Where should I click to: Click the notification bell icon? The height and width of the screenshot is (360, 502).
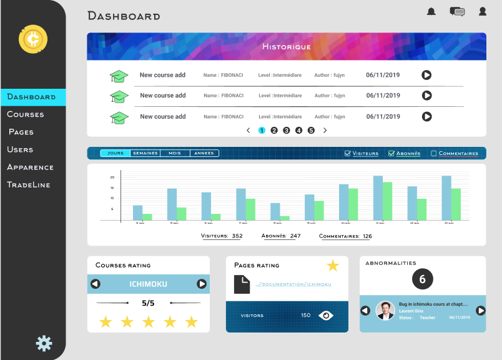click(431, 11)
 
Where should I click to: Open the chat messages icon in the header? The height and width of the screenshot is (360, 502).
click(457, 11)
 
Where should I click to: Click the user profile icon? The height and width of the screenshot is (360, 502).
click(483, 11)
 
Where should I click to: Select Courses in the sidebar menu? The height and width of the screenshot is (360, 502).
click(26, 114)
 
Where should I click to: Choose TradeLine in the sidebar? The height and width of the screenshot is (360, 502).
click(28, 184)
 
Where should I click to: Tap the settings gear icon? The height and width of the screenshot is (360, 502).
click(44, 342)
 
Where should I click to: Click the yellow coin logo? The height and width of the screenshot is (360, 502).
click(33, 39)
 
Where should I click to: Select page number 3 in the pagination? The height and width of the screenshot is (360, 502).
click(286, 131)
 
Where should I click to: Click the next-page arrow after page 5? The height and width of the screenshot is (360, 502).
click(325, 131)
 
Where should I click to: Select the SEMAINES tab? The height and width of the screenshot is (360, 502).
click(145, 153)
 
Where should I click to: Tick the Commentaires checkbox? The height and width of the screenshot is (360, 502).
click(434, 153)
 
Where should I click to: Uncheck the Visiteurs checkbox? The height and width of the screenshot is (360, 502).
click(348, 153)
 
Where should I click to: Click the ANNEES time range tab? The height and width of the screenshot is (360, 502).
click(204, 153)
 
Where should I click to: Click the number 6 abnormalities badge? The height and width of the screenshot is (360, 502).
click(422, 279)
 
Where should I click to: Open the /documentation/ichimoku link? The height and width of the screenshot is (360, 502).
click(293, 284)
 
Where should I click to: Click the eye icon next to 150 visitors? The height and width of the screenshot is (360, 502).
click(326, 316)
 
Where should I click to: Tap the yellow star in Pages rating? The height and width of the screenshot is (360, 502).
click(333, 266)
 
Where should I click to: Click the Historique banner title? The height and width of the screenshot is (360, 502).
click(286, 47)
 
